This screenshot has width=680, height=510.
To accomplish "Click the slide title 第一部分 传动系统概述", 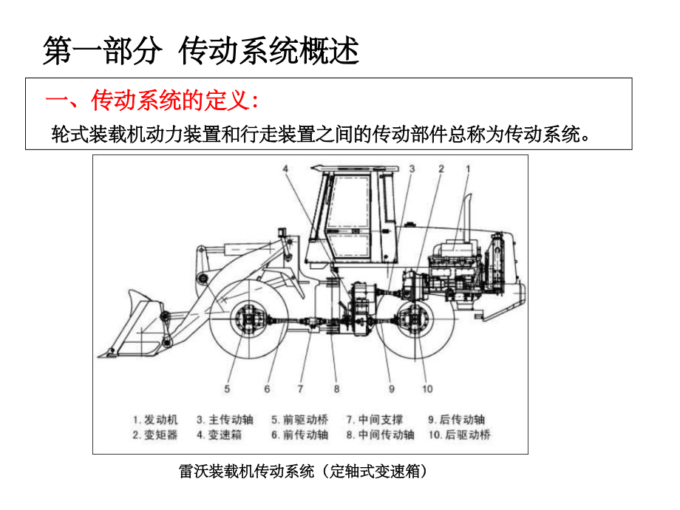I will [201, 52].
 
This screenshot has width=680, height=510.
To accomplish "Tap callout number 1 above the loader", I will [468, 169].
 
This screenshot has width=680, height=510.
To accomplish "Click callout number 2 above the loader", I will [441, 169].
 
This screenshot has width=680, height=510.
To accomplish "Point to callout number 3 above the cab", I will [412, 169].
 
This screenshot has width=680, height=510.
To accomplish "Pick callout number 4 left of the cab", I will [284, 169].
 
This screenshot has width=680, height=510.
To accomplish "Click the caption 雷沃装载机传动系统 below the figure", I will [304, 471].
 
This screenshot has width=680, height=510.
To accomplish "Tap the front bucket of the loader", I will [140, 325].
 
